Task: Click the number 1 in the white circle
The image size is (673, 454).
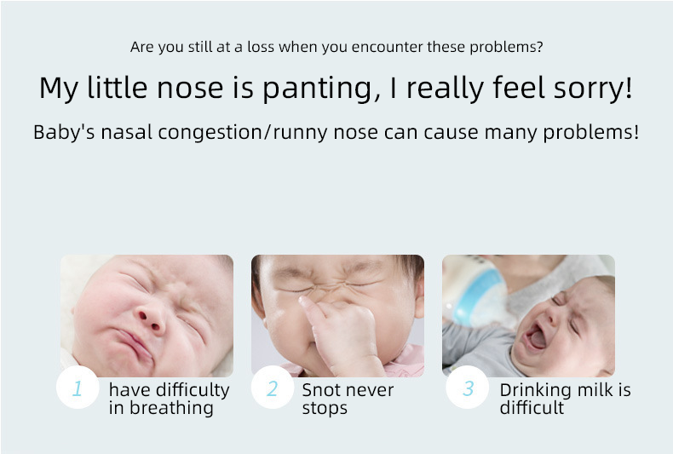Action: click(x=78, y=388)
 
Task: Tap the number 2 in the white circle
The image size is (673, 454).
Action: click(x=272, y=388)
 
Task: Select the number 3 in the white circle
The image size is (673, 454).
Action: click(x=468, y=388)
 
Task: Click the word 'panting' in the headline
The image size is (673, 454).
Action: click(x=322, y=89)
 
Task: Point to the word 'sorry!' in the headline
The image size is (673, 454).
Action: click(x=593, y=88)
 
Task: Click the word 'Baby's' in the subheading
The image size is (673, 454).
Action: click(x=64, y=133)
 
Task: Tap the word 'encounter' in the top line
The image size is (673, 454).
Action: click(x=387, y=47)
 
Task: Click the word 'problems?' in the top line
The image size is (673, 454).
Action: click(x=507, y=47)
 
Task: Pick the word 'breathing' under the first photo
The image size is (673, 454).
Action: click(x=171, y=408)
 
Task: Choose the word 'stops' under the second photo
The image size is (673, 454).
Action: click(x=325, y=409)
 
